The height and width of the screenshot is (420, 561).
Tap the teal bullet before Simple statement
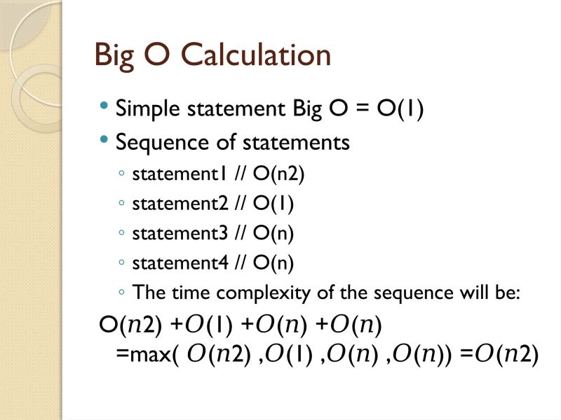point(104,108)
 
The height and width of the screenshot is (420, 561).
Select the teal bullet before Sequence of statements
point(104,140)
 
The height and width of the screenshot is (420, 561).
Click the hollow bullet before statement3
point(123,234)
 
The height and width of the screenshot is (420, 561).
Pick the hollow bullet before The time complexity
point(123,293)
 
